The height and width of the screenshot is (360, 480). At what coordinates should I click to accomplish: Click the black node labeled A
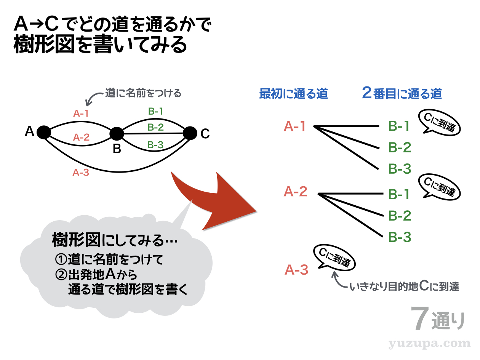(x=44, y=133)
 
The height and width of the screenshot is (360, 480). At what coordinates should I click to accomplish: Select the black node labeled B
(x=117, y=134)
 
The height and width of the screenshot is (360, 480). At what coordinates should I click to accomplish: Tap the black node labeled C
(x=190, y=133)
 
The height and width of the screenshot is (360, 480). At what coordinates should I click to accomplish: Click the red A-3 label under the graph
(x=81, y=173)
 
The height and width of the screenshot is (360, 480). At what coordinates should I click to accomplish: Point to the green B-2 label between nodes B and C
(x=155, y=128)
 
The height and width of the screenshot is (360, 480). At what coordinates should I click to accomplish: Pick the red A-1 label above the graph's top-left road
(x=81, y=113)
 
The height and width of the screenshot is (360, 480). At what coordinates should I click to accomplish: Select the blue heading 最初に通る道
(x=293, y=94)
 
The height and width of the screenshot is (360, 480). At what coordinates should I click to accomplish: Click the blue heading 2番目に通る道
(x=402, y=94)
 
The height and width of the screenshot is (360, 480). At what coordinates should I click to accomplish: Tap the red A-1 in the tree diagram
(x=295, y=126)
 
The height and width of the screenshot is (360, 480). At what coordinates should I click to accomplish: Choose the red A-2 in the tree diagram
(x=295, y=192)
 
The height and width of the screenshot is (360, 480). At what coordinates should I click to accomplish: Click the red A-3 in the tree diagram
(x=296, y=270)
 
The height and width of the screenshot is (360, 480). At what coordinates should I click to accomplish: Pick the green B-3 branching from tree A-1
(x=400, y=169)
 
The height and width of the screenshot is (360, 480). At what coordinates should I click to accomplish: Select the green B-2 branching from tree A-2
(x=400, y=216)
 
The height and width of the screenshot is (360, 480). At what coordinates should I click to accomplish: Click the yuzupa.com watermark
(x=430, y=344)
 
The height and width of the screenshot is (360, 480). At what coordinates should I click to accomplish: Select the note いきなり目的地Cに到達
(x=404, y=287)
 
